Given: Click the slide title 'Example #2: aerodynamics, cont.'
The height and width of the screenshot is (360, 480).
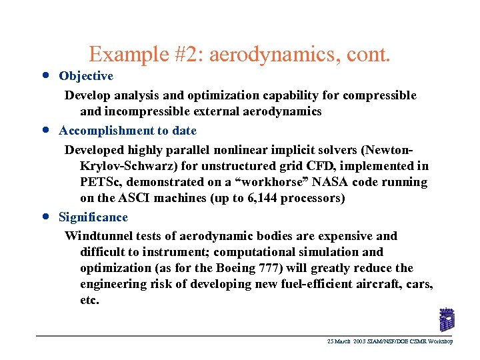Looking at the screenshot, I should [x=239, y=53].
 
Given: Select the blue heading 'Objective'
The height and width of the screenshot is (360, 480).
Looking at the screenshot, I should [x=86, y=77].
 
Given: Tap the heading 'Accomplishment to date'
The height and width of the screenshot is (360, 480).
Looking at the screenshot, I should [x=127, y=131].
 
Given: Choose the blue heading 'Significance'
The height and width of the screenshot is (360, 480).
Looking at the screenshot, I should [x=93, y=217].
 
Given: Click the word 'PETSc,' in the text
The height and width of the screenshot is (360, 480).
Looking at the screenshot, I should [x=101, y=182].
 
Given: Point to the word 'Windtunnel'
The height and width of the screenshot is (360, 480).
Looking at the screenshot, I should [x=97, y=236].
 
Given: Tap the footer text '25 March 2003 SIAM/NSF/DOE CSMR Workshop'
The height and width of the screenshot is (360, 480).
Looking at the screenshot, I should [x=389, y=341].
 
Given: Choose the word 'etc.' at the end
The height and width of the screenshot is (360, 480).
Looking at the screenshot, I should [x=89, y=300].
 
